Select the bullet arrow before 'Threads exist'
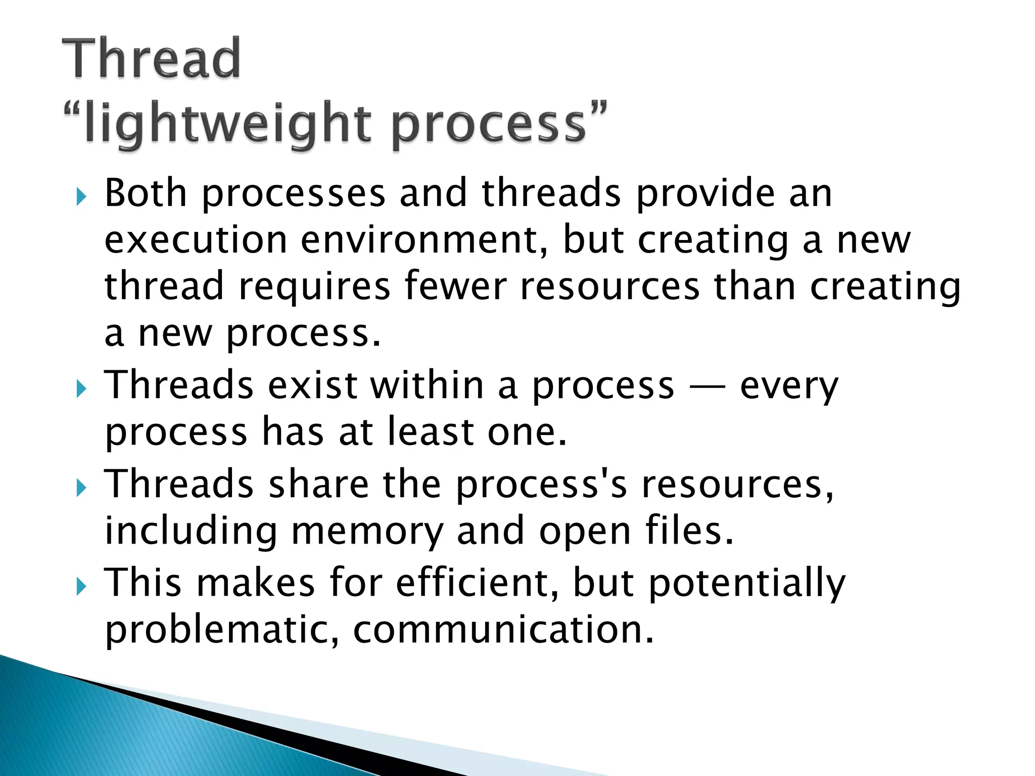[x=81, y=389]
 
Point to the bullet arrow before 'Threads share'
[x=81, y=488]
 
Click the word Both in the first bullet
[x=146, y=193]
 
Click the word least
[x=430, y=432]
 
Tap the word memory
[x=367, y=531]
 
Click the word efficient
[x=478, y=583]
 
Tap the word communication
[x=503, y=630]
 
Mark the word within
[x=427, y=385]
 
